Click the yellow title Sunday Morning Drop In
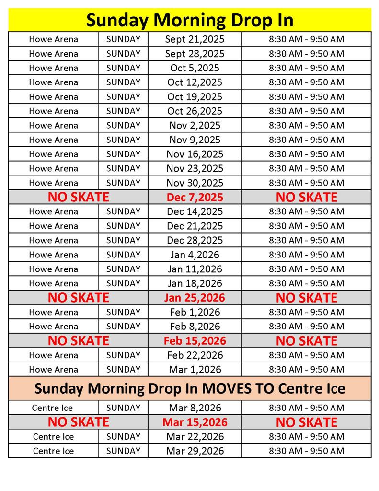pyautogui.click(x=190, y=20)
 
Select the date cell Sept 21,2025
pyautogui.click(x=195, y=39)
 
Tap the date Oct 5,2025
pyautogui.click(x=195, y=68)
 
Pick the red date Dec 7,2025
pyautogui.click(x=195, y=197)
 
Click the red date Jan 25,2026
pyautogui.click(x=195, y=298)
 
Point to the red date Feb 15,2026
pyautogui.click(x=195, y=341)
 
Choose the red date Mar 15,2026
pyautogui.click(x=195, y=422)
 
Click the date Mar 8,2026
pyautogui.click(x=195, y=408)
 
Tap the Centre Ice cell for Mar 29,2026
pyautogui.click(x=53, y=451)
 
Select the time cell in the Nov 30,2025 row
pyautogui.click(x=306, y=183)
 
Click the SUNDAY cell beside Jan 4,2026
pyautogui.click(x=123, y=255)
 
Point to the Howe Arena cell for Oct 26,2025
pyautogui.click(x=53, y=111)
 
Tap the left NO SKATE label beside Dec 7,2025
pyautogui.click(x=78, y=197)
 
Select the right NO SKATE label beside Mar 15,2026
pyautogui.click(x=306, y=422)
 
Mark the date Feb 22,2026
pyautogui.click(x=195, y=355)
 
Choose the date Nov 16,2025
pyautogui.click(x=195, y=154)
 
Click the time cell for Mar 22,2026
pyautogui.click(x=306, y=437)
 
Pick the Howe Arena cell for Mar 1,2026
pyautogui.click(x=53, y=370)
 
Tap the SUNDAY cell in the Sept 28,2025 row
pyautogui.click(x=123, y=54)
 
